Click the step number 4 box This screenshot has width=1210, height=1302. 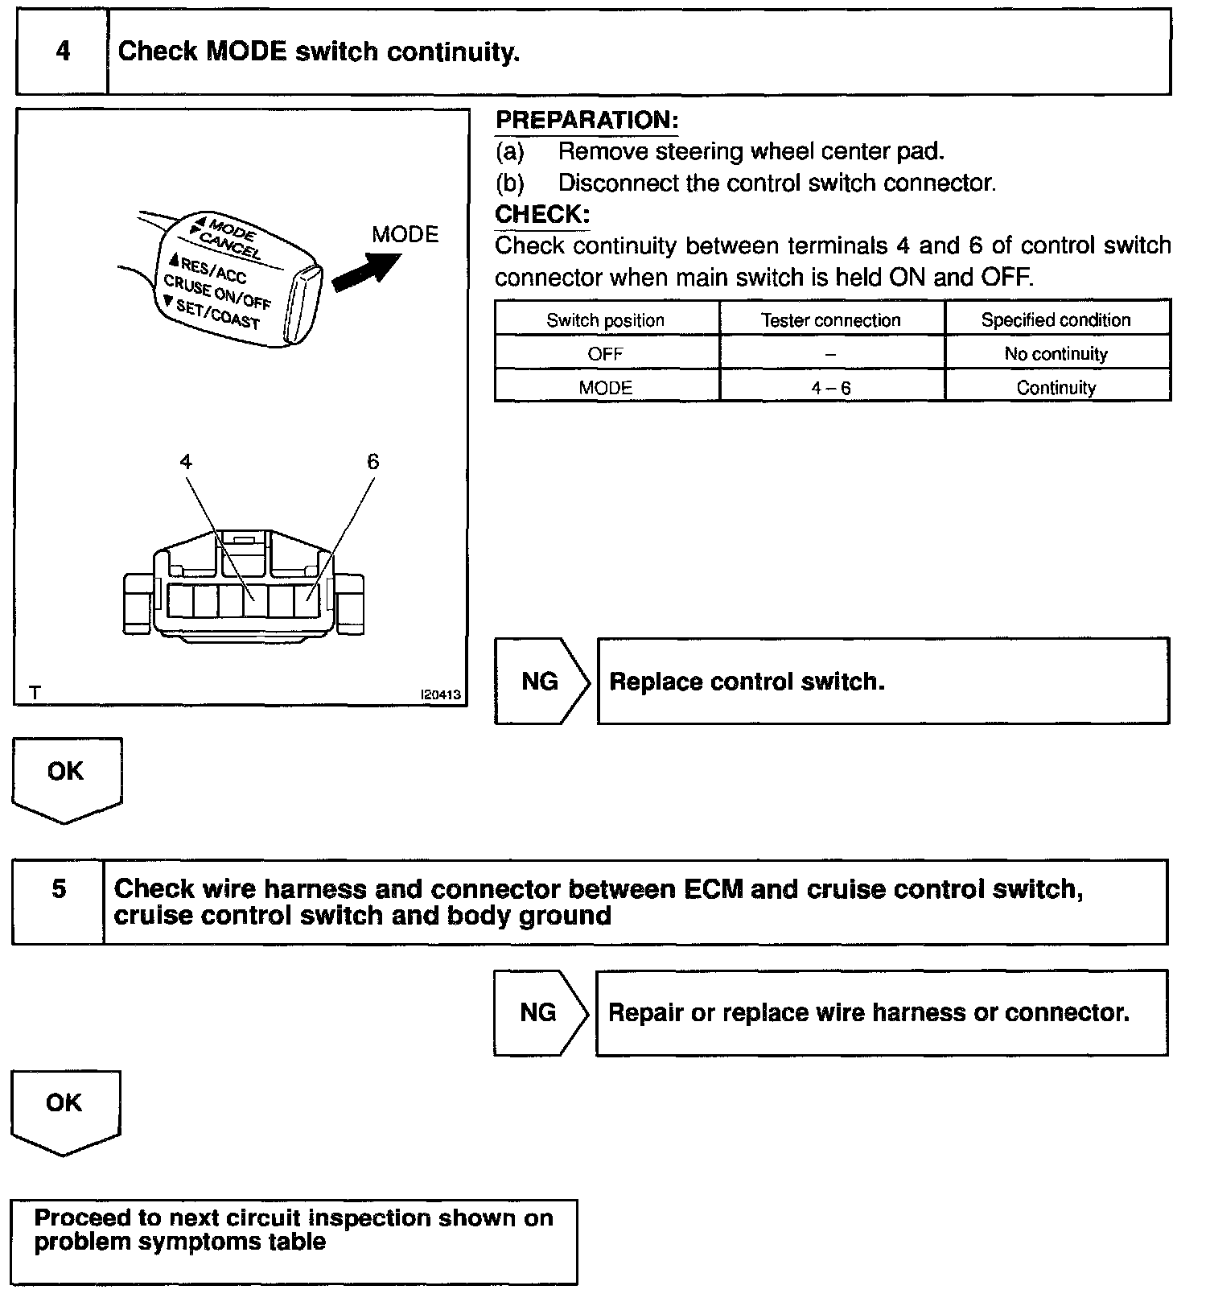pyautogui.click(x=62, y=52)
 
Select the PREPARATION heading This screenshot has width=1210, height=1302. pyautogui.click(x=586, y=121)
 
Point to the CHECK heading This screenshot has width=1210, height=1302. pyautogui.click(x=541, y=215)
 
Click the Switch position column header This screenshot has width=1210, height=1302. pyautogui.click(x=605, y=320)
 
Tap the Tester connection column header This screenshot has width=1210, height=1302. pyautogui.click(x=830, y=320)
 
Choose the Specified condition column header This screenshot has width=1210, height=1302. pyautogui.click(x=1056, y=320)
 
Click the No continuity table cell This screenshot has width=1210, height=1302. pyautogui.click(x=1056, y=354)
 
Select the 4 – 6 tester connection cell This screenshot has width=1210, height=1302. pyautogui.click(x=830, y=388)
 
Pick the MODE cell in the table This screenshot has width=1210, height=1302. pyautogui.click(x=605, y=388)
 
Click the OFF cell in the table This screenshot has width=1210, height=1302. pyautogui.click(x=605, y=354)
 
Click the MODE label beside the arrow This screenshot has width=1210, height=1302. pyautogui.click(x=405, y=235)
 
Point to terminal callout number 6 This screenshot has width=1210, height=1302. pyautogui.click(x=372, y=462)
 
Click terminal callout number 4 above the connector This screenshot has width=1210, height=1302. pyautogui.click(x=186, y=462)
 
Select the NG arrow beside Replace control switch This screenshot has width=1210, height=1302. pyautogui.click(x=541, y=682)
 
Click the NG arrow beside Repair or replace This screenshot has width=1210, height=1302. pyautogui.click(x=539, y=1012)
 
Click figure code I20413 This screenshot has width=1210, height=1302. pyautogui.click(x=442, y=694)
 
